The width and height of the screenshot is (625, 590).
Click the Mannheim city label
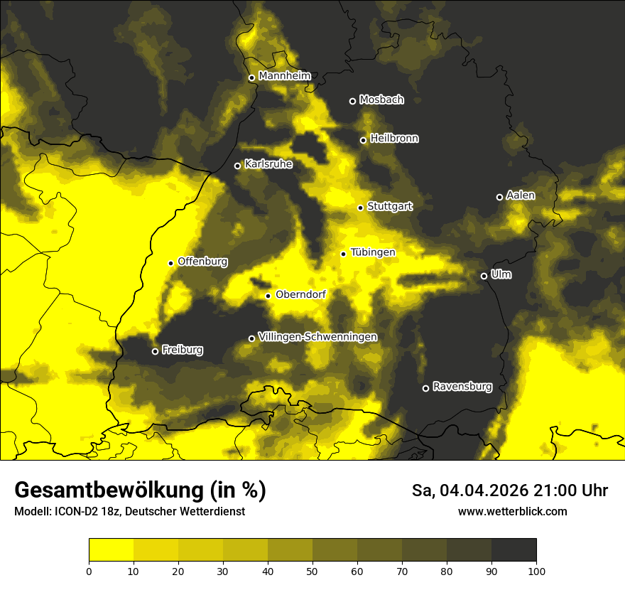pyautogui.click(x=285, y=76)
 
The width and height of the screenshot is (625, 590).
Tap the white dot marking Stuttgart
pyautogui.click(x=360, y=208)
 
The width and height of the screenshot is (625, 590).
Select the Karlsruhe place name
pyautogui.click(x=268, y=164)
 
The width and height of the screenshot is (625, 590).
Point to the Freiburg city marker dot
pyautogui.click(x=155, y=351)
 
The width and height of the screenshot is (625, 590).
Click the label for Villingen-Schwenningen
pyautogui.click(x=317, y=337)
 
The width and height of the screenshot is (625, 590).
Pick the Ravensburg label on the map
pyautogui.click(x=462, y=387)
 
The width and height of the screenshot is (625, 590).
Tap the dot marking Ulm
pyautogui.click(x=484, y=276)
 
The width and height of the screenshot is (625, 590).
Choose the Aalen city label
pyautogui.click(x=521, y=195)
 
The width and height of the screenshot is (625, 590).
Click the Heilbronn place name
pyautogui.click(x=394, y=139)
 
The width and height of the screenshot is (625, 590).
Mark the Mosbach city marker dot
pyautogui.click(x=352, y=101)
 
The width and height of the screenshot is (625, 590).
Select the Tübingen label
pyautogui.click(x=373, y=252)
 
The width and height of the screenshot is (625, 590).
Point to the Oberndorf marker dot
pyautogui.click(x=268, y=296)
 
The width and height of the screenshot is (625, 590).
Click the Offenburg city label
pyautogui.click(x=202, y=262)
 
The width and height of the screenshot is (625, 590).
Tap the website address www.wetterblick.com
pyautogui.click(x=513, y=511)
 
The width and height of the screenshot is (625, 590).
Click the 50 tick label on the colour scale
pyautogui.click(x=312, y=570)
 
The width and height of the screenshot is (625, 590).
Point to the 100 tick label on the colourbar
pyautogui.click(x=536, y=570)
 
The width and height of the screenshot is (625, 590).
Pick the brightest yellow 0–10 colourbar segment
pyautogui.click(x=111, y=549)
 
